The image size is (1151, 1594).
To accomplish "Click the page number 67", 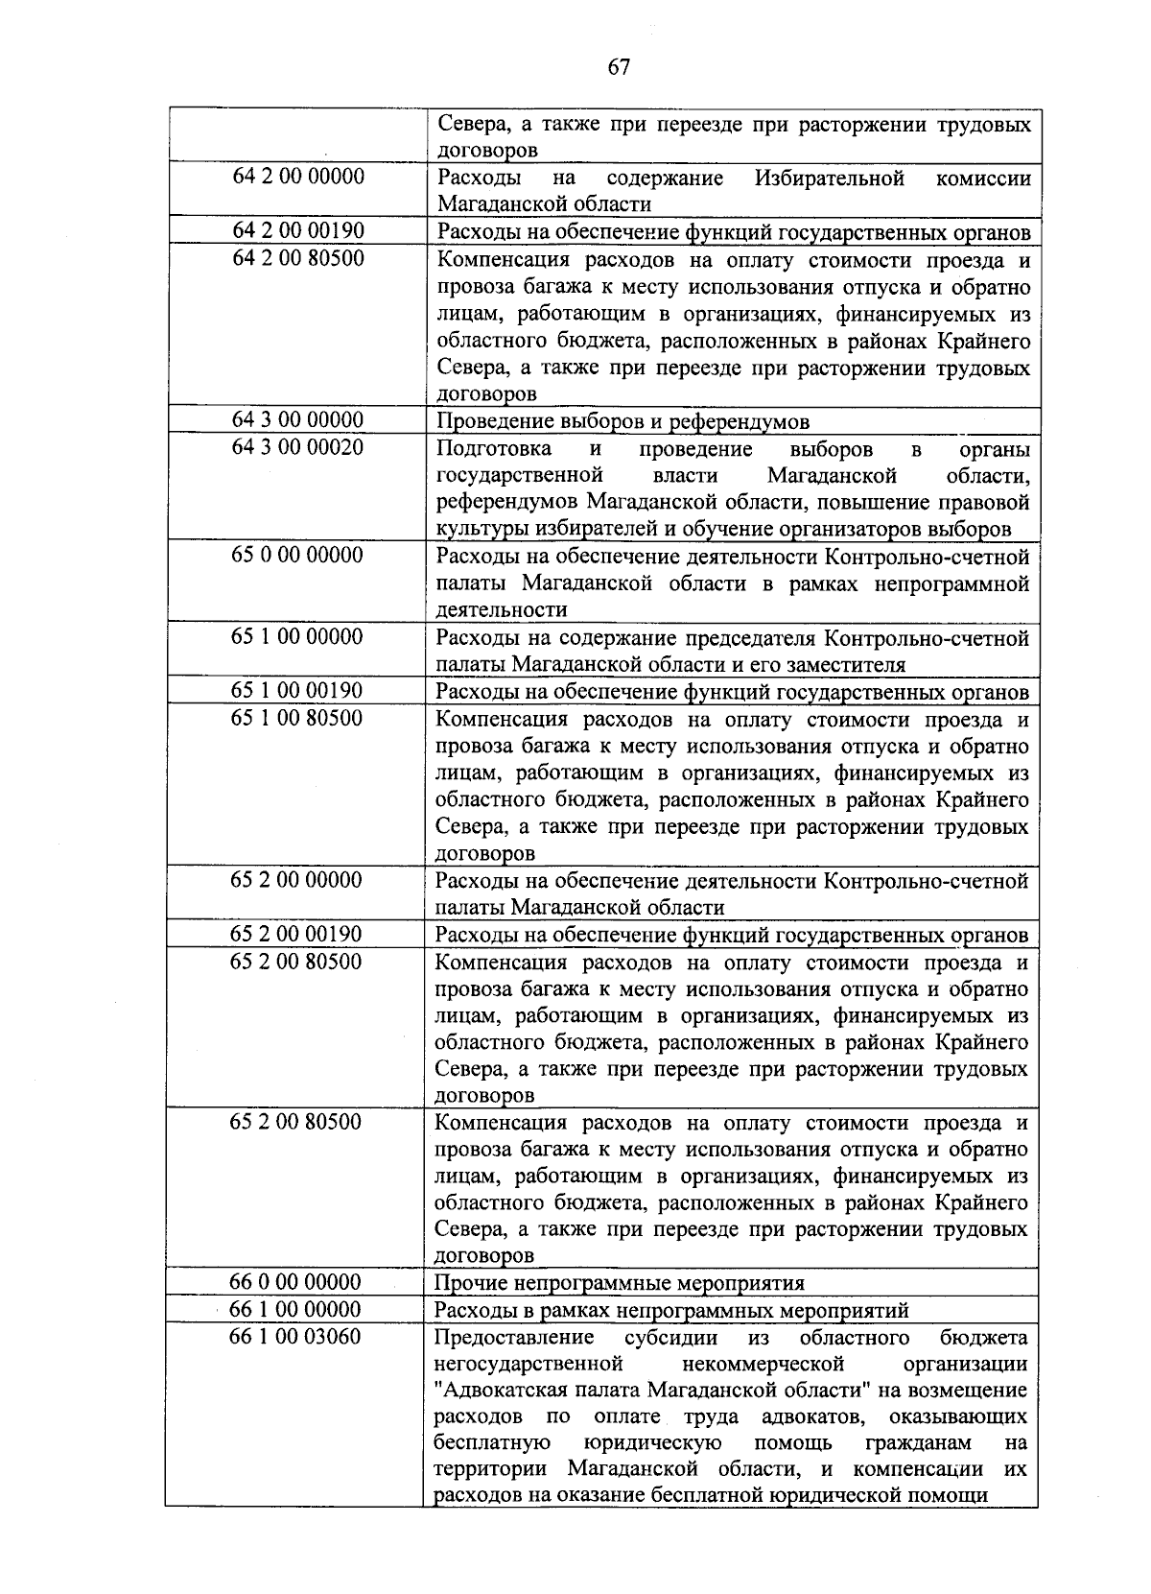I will [618, 66].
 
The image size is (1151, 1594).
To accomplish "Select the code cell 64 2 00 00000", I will [298, 177].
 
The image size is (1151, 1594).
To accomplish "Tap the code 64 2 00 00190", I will [298, 230].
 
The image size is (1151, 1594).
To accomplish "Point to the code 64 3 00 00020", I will [298, 447].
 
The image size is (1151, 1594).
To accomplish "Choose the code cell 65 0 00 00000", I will [297, 556].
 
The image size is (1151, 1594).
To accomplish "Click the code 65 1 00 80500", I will [297, 718].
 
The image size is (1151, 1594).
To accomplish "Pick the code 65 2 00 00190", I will [296, 934].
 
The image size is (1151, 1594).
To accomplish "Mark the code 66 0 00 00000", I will [295, 1282].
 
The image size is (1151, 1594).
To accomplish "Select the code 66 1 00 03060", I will [295, 1336].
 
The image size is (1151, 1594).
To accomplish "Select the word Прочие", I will [468, 1283].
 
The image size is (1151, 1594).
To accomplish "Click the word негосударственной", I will [529, 1364].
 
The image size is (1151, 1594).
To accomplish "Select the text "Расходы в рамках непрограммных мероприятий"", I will [671, 1310].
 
